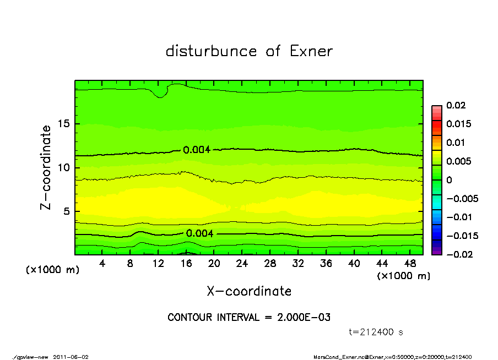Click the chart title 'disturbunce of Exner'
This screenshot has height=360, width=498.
pos(249,51)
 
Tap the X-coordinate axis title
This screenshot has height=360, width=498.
pos(249,291)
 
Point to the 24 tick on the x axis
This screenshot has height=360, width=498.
pos(242,264)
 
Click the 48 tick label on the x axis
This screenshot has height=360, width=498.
pos(410,264)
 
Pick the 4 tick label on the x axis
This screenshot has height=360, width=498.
pos(102,264)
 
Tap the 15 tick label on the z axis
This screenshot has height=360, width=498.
pos(64,124)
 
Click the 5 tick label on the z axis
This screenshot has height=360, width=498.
pos(67,211)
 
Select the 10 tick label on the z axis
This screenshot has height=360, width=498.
pos(64,168)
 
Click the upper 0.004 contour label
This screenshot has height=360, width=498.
pos(197,150)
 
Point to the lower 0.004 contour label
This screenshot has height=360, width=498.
pos(199,233)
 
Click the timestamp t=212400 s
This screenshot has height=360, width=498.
pos(376,332)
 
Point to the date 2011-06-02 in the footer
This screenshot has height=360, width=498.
pos(71,357)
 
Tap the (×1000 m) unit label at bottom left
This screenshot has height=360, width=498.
pos(53,270)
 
